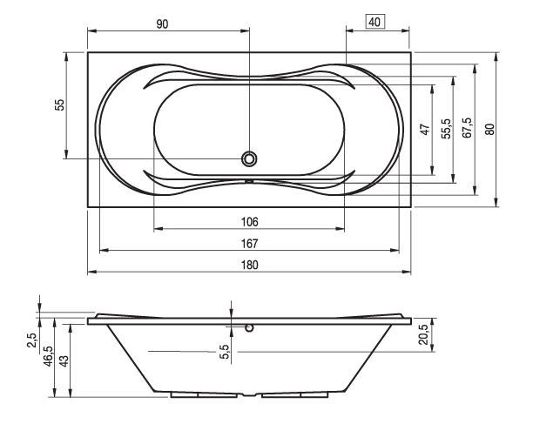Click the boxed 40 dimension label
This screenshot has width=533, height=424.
point(374,22)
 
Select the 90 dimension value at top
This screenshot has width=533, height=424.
point(162,24)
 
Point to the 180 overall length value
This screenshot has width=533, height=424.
point(249,265)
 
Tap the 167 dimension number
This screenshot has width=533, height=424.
point(249,244)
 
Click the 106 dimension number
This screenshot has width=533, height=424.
point(249,222)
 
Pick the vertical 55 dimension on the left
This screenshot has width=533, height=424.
point(59,104)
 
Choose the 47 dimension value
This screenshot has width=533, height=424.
point(425,130)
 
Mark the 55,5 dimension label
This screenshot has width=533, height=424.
point(446,129)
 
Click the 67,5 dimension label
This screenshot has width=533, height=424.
point(467,128)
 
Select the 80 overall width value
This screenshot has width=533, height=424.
point(489,129)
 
